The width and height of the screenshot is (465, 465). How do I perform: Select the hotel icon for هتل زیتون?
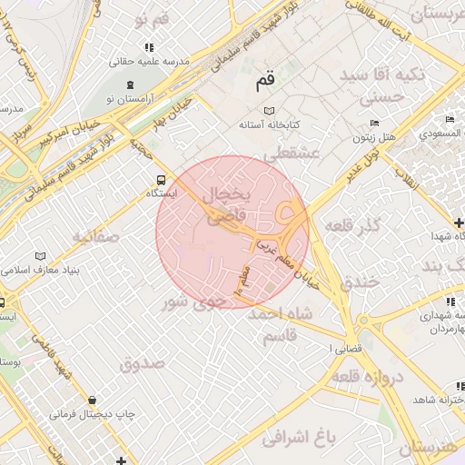click(x=374, y=124)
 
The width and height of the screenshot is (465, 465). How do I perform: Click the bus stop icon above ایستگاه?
click(x=162, y=179)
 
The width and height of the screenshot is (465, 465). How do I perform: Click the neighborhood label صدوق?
click(x=141, y=364)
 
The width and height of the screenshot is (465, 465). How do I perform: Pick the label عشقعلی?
click(x=293, y=154)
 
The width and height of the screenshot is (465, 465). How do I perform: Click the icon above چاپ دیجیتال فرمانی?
click(x=92, y=400)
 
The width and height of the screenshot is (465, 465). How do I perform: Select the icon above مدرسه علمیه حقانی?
click(x=148, y=47)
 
